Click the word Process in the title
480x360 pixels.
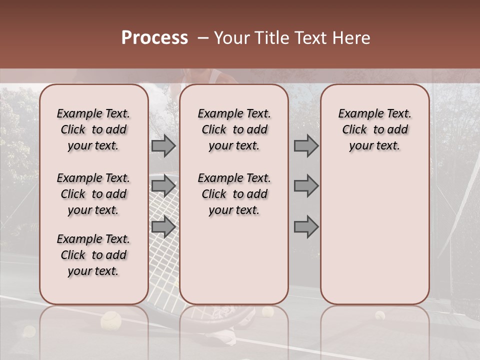click(x=154, y=38)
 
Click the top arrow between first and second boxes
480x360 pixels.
click(x=163, y=146)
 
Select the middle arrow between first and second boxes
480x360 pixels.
click(x=163, y=186)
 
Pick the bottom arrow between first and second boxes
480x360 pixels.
click(x=163, y=226)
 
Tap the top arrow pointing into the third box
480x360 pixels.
click(x=306, y=146)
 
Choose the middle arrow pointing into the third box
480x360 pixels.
click(x=306, y=186)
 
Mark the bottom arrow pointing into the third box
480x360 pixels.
click(x=306, y=226)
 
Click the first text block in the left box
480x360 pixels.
click(x=93, y=129)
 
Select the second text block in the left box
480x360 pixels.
click(x=93, y=194)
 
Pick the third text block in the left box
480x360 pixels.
click(x=93, y=255)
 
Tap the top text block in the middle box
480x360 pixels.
click(x=234, y=129)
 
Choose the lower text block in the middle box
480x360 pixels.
click(x=234, y=194)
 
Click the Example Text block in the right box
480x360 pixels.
click(x=374, y=129)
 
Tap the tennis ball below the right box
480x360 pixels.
click(x=380, y=315)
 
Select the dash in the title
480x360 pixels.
click(x=203, y=38)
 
